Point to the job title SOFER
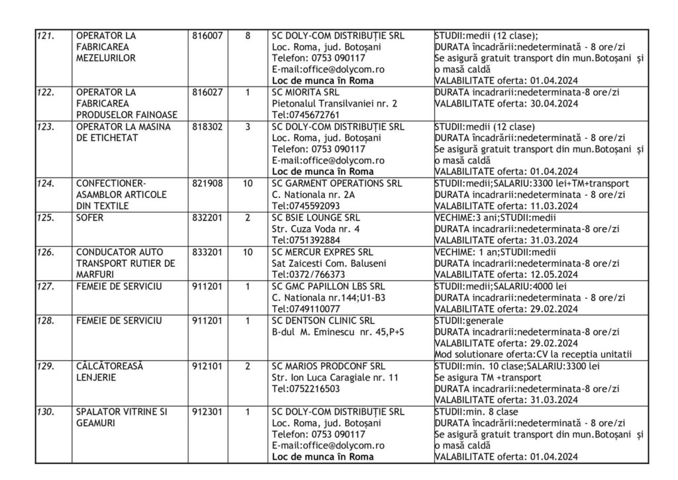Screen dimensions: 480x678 [90, 217]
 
